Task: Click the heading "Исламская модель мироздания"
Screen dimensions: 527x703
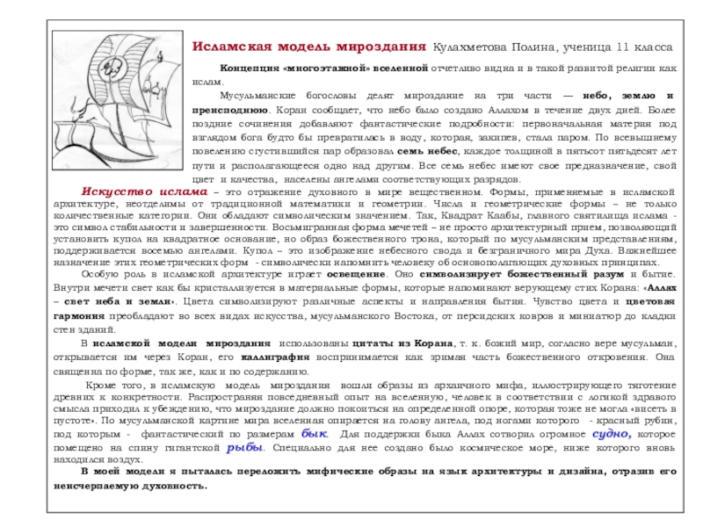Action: tap(308, 46)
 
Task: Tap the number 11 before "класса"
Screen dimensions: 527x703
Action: tap(622, 46)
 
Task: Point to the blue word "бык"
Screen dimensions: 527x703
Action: tap(314, 433)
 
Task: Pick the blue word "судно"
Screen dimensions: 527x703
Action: tap(611, 433)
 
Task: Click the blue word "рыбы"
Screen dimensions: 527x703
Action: tap(245, 446)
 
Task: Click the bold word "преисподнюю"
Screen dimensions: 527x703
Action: tap(231, 110)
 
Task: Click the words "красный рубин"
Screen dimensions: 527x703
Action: tap(645, 421)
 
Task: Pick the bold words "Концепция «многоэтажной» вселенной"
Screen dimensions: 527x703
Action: tap(323, 68)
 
